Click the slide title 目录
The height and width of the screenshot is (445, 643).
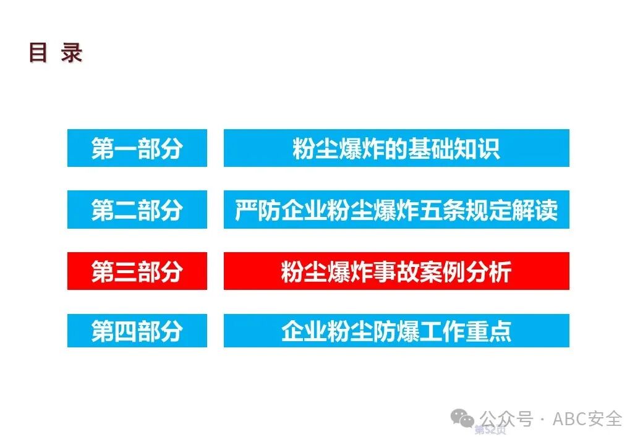click(x=55, y=53)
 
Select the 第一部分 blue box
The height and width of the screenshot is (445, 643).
click(x=137, y=148)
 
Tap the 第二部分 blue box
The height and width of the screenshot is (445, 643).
click(x=137, y=210)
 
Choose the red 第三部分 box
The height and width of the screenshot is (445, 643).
click(x=137, y=271)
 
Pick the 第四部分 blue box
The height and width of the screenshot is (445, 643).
click(x=137, y=331)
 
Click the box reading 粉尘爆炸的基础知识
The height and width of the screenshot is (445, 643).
click(x=396, y=148)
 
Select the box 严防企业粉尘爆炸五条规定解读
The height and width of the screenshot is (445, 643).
click(x=396, y=210)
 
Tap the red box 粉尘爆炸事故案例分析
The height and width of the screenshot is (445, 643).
click(x=396, y=271)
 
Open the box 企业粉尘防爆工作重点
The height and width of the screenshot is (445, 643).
click(x=396, y=331)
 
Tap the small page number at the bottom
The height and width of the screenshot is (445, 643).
click(x=490, y=430)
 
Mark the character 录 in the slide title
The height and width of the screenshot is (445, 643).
click(x=72, y=53)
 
